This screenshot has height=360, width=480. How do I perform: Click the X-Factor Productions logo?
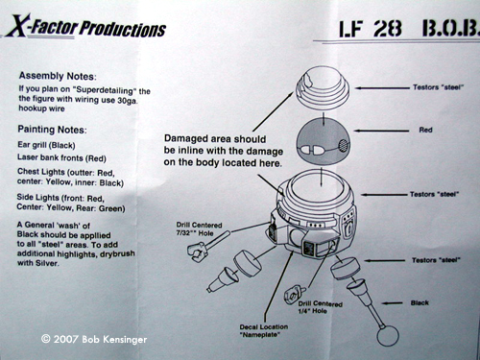[x=85, y=27]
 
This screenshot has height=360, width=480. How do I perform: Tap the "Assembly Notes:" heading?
[x=58, y=76]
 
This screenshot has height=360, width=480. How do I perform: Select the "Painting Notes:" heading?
[x=52, y=130]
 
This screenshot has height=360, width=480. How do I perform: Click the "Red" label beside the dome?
[x=425, y=130]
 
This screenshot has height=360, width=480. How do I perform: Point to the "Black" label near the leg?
[x=420, y=302]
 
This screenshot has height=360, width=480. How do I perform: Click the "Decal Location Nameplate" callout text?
[x=264, y=331]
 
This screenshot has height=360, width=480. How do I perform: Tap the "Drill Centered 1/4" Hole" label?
[x=321, y=307]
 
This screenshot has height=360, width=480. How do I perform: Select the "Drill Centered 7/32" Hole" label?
[x=199, y=229]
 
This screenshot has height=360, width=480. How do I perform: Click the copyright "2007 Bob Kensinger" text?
[x=94, y=339]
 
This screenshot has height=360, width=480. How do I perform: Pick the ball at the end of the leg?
[x=388, y=337]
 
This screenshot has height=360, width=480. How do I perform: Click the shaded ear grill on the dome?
[x=344, y=146]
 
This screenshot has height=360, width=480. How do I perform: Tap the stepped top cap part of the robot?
[x=323, y=87]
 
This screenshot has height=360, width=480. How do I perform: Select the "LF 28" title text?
[x=371, y=29]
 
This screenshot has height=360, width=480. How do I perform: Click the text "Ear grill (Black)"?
[x=46, y=145]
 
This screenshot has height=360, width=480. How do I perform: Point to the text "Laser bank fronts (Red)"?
[x=61, y=157]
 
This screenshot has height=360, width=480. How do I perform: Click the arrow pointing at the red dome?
[x=381, y=131]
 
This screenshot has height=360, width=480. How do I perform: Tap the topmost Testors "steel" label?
[x=438, y=87]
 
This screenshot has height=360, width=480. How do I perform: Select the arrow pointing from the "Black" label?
[x=393, y=303]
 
